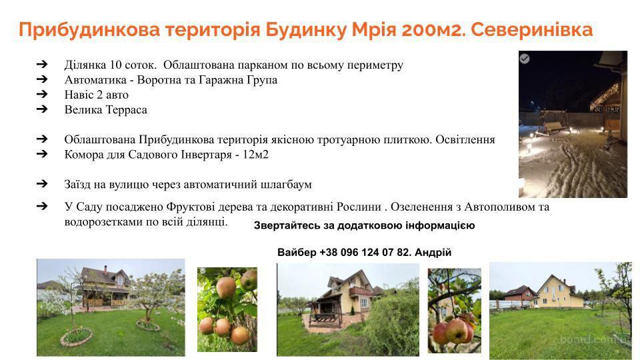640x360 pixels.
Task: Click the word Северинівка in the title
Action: click(532, 30)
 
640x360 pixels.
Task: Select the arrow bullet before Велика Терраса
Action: click(42, 109)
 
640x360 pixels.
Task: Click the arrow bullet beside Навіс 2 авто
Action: click(42, 94)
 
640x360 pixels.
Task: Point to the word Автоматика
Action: click(95, 79)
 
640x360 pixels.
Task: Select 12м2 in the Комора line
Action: click(255, 155)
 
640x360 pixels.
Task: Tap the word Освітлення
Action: click(465, 139)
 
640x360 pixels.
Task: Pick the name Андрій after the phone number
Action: click(433, 252)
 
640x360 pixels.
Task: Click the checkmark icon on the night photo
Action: click(525, 59)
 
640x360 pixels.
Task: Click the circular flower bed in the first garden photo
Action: click(76, 337)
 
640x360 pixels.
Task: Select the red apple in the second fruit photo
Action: click(455, 331)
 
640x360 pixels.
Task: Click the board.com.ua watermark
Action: click(595, 339)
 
